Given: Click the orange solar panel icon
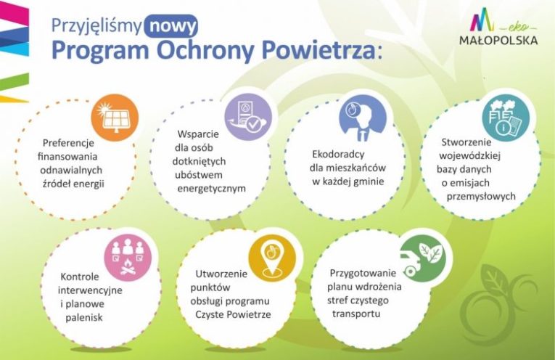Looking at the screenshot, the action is point(115,118).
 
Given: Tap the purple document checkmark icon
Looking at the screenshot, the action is point(248,117).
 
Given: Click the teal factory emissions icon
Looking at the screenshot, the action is point(506,118).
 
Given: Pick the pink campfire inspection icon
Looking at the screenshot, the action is point(128,258).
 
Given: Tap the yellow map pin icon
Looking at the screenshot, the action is point(272,258).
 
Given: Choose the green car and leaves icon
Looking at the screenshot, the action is point(422,258).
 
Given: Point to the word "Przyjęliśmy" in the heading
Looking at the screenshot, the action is point(96,26).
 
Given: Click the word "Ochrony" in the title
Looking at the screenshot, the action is point(205,50).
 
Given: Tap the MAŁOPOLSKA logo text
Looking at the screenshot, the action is point(498,40).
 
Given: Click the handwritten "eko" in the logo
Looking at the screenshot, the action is point(519,27).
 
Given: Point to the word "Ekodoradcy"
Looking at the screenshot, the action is point(338,155).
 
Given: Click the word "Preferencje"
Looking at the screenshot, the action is point(68,144).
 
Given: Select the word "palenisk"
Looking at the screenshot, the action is point(84,317).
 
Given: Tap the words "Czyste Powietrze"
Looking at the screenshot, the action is point(234,314).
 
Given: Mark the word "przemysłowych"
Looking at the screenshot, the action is point(481,197).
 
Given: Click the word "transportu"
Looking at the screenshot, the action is point(356,314).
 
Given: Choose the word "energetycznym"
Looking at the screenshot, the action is point(211,188).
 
